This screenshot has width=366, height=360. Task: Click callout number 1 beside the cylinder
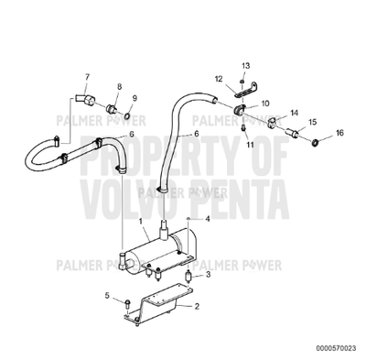[140, 221]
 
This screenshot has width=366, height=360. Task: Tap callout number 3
[209, 274]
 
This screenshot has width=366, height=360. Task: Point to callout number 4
[208, 219]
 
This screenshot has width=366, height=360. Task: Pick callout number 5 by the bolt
[107, 295]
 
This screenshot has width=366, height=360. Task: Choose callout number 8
[118, 86]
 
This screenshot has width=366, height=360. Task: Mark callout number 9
[135, 98]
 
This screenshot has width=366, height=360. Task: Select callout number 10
[265, 104]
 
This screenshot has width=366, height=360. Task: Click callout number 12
[218, 81]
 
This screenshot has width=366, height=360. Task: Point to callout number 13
[244, 66]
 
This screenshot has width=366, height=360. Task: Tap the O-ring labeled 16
[315, 144]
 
